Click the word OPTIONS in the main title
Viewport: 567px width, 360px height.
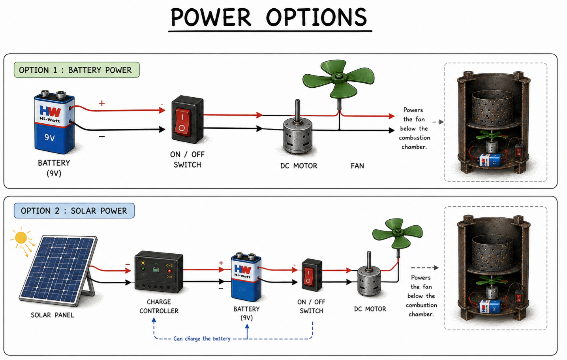coord(316,17)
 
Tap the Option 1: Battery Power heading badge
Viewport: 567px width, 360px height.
coord(77,70)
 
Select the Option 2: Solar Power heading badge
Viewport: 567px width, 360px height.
coord(74,211)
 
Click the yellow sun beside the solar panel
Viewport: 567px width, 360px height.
coord(21,237)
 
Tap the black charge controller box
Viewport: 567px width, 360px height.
coord(159,271)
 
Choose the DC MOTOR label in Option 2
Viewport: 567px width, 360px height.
coord(370,309)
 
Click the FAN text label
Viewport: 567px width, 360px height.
coord(357,166)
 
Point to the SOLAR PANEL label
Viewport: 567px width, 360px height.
coord(53,315)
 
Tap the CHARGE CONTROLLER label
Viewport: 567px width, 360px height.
coord(159,306)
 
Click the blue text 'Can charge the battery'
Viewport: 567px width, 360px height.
coord(202,339)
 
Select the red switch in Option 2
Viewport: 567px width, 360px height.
coord(312,275)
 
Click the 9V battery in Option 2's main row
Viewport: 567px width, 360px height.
coord(246,277)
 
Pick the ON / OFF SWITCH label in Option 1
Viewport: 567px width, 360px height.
coord(187,160)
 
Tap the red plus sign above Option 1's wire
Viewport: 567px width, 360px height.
coord(102,103)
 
